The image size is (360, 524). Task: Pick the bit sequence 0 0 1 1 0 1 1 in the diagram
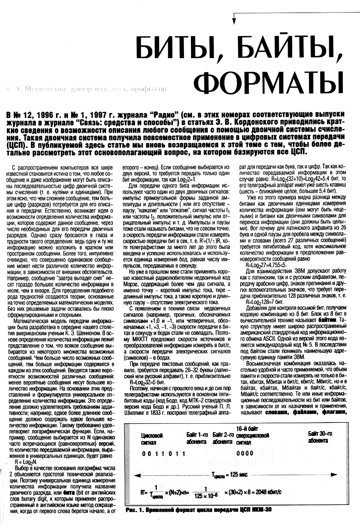[164, 453]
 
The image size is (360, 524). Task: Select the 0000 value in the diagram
[245, 453]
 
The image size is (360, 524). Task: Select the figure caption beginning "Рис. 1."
[199, 510]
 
